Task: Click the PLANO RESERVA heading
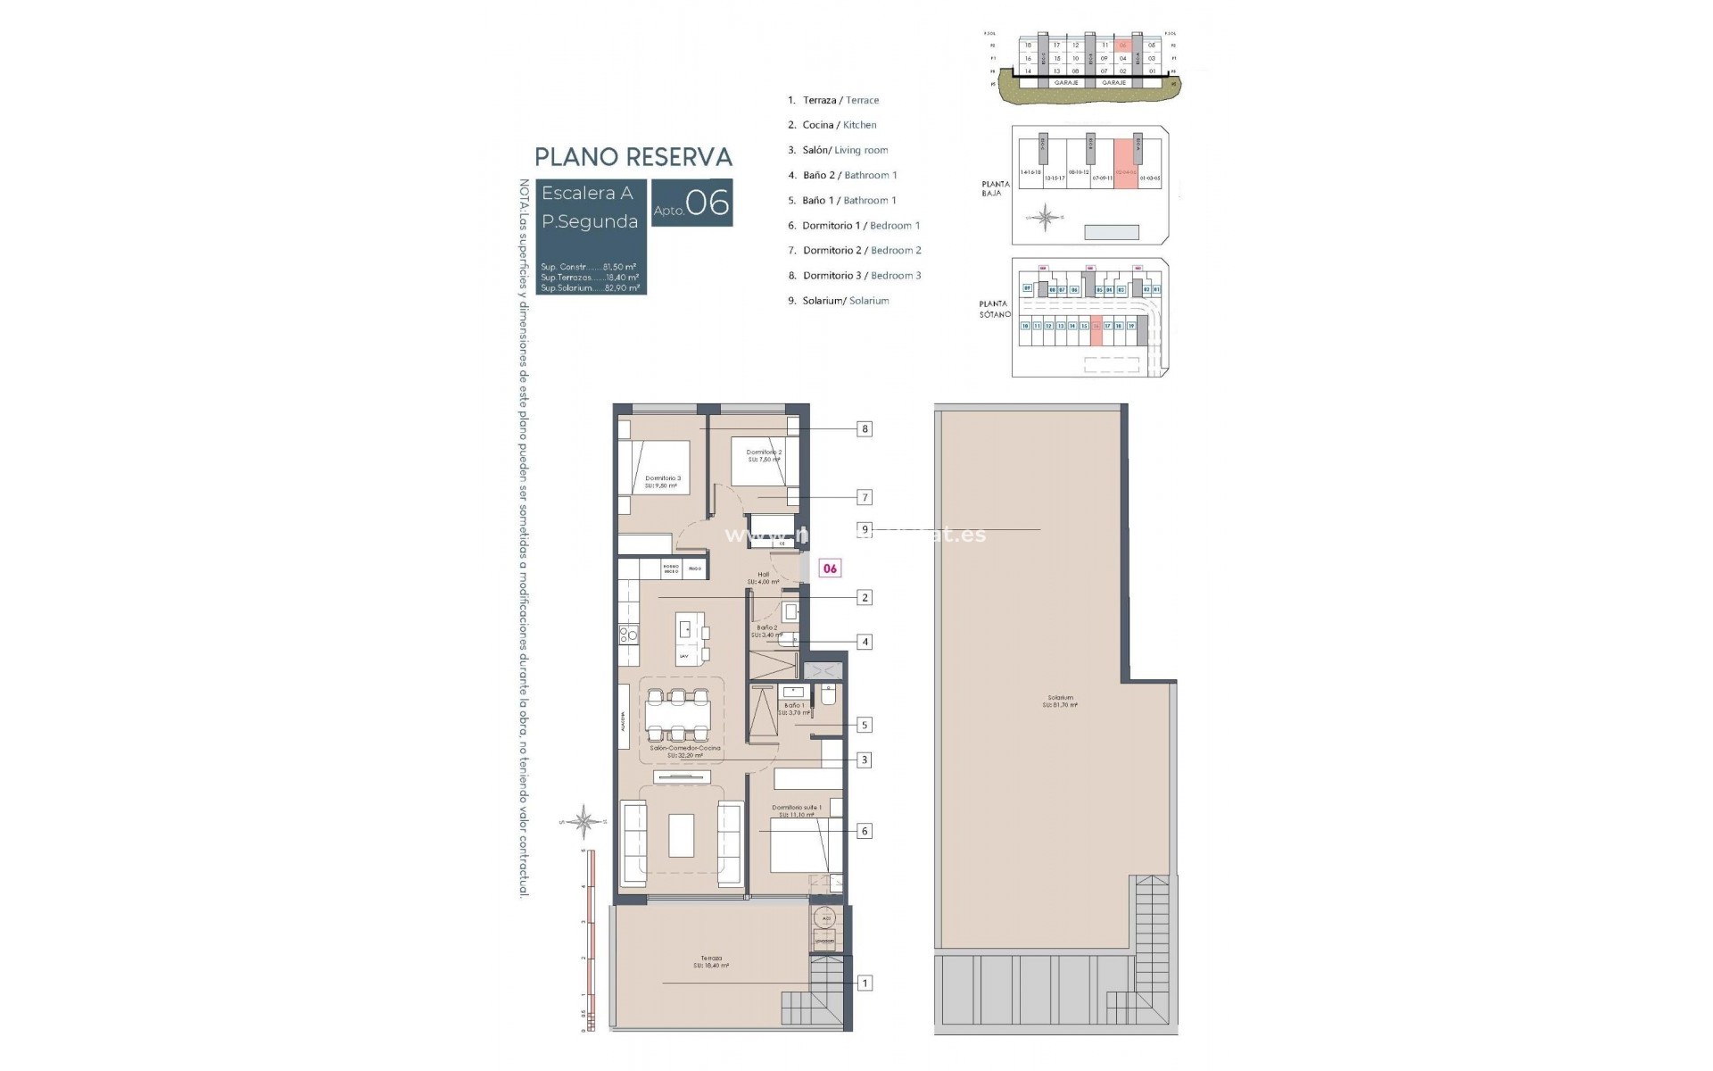click(x=633, y=157)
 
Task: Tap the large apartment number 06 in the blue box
click(x=708, y=203)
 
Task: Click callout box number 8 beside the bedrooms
click(x=864, y=429)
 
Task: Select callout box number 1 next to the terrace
click(x=865, y=984)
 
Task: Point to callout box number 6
click(x=864, y=831)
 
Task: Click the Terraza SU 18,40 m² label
click(x=711, y=962)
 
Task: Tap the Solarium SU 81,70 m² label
click(x=1060, y=702)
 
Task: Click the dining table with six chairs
click(x=678, y=715)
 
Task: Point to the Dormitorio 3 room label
click(x=663, y=482)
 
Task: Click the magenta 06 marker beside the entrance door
click(x=830, y=569)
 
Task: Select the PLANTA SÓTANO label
click(x=994, y=309)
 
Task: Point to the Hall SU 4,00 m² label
click(x=763, y=578)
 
